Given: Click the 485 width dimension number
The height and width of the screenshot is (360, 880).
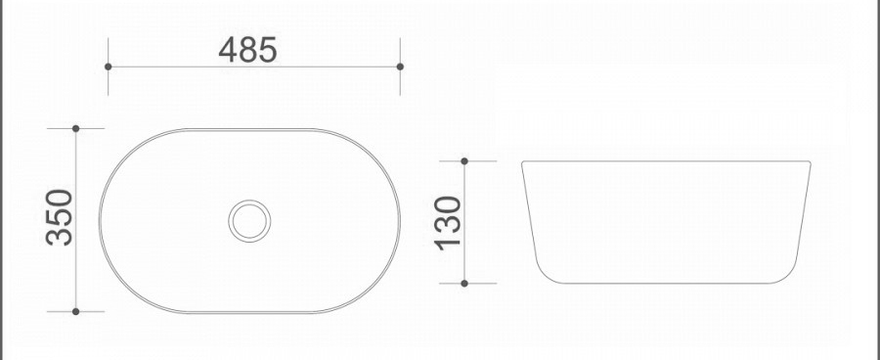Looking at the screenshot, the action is pyautogui.click(x=247, y=50).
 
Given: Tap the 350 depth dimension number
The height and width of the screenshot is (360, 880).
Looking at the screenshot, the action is pyautogui.click(x=60, y=217).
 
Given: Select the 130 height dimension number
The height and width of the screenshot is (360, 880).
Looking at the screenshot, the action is pyautogui.click(x=448, y=223).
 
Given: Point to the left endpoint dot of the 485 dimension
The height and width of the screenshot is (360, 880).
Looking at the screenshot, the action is pyautogui.click(x=109, y=67).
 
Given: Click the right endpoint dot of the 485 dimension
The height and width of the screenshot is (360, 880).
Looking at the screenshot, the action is pyautogui.click(x=400, y=67).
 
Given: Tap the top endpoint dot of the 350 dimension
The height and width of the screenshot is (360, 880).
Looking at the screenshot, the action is pyautogui.click(x=75, y=128).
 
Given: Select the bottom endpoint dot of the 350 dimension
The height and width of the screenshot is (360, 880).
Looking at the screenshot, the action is pyautogui.click(x=75, y=311).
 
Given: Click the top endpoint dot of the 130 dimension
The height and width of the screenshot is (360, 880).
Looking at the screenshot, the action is pyautogui.click(x=464, y=161).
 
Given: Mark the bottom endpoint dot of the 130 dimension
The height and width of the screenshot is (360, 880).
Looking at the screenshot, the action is pyautogui.click(x=464, y=283).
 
